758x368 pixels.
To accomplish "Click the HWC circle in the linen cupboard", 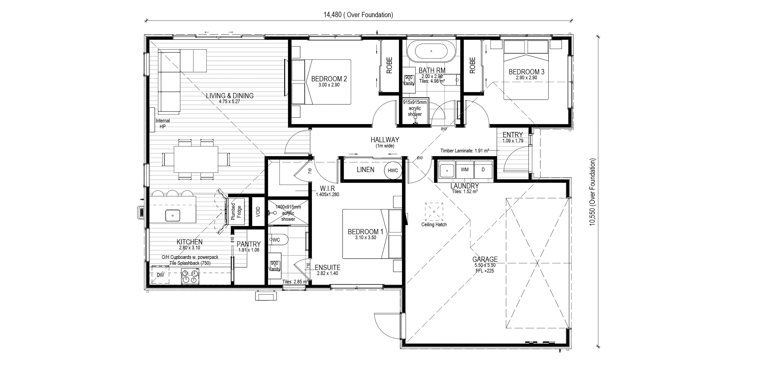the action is pos(393,170).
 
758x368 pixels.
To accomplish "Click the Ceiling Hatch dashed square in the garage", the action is pos(434,211).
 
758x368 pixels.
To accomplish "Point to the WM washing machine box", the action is pos(465,170).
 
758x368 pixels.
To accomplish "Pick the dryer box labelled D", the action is pos(483,170).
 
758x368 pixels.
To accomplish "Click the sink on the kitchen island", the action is pos(172,215).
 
